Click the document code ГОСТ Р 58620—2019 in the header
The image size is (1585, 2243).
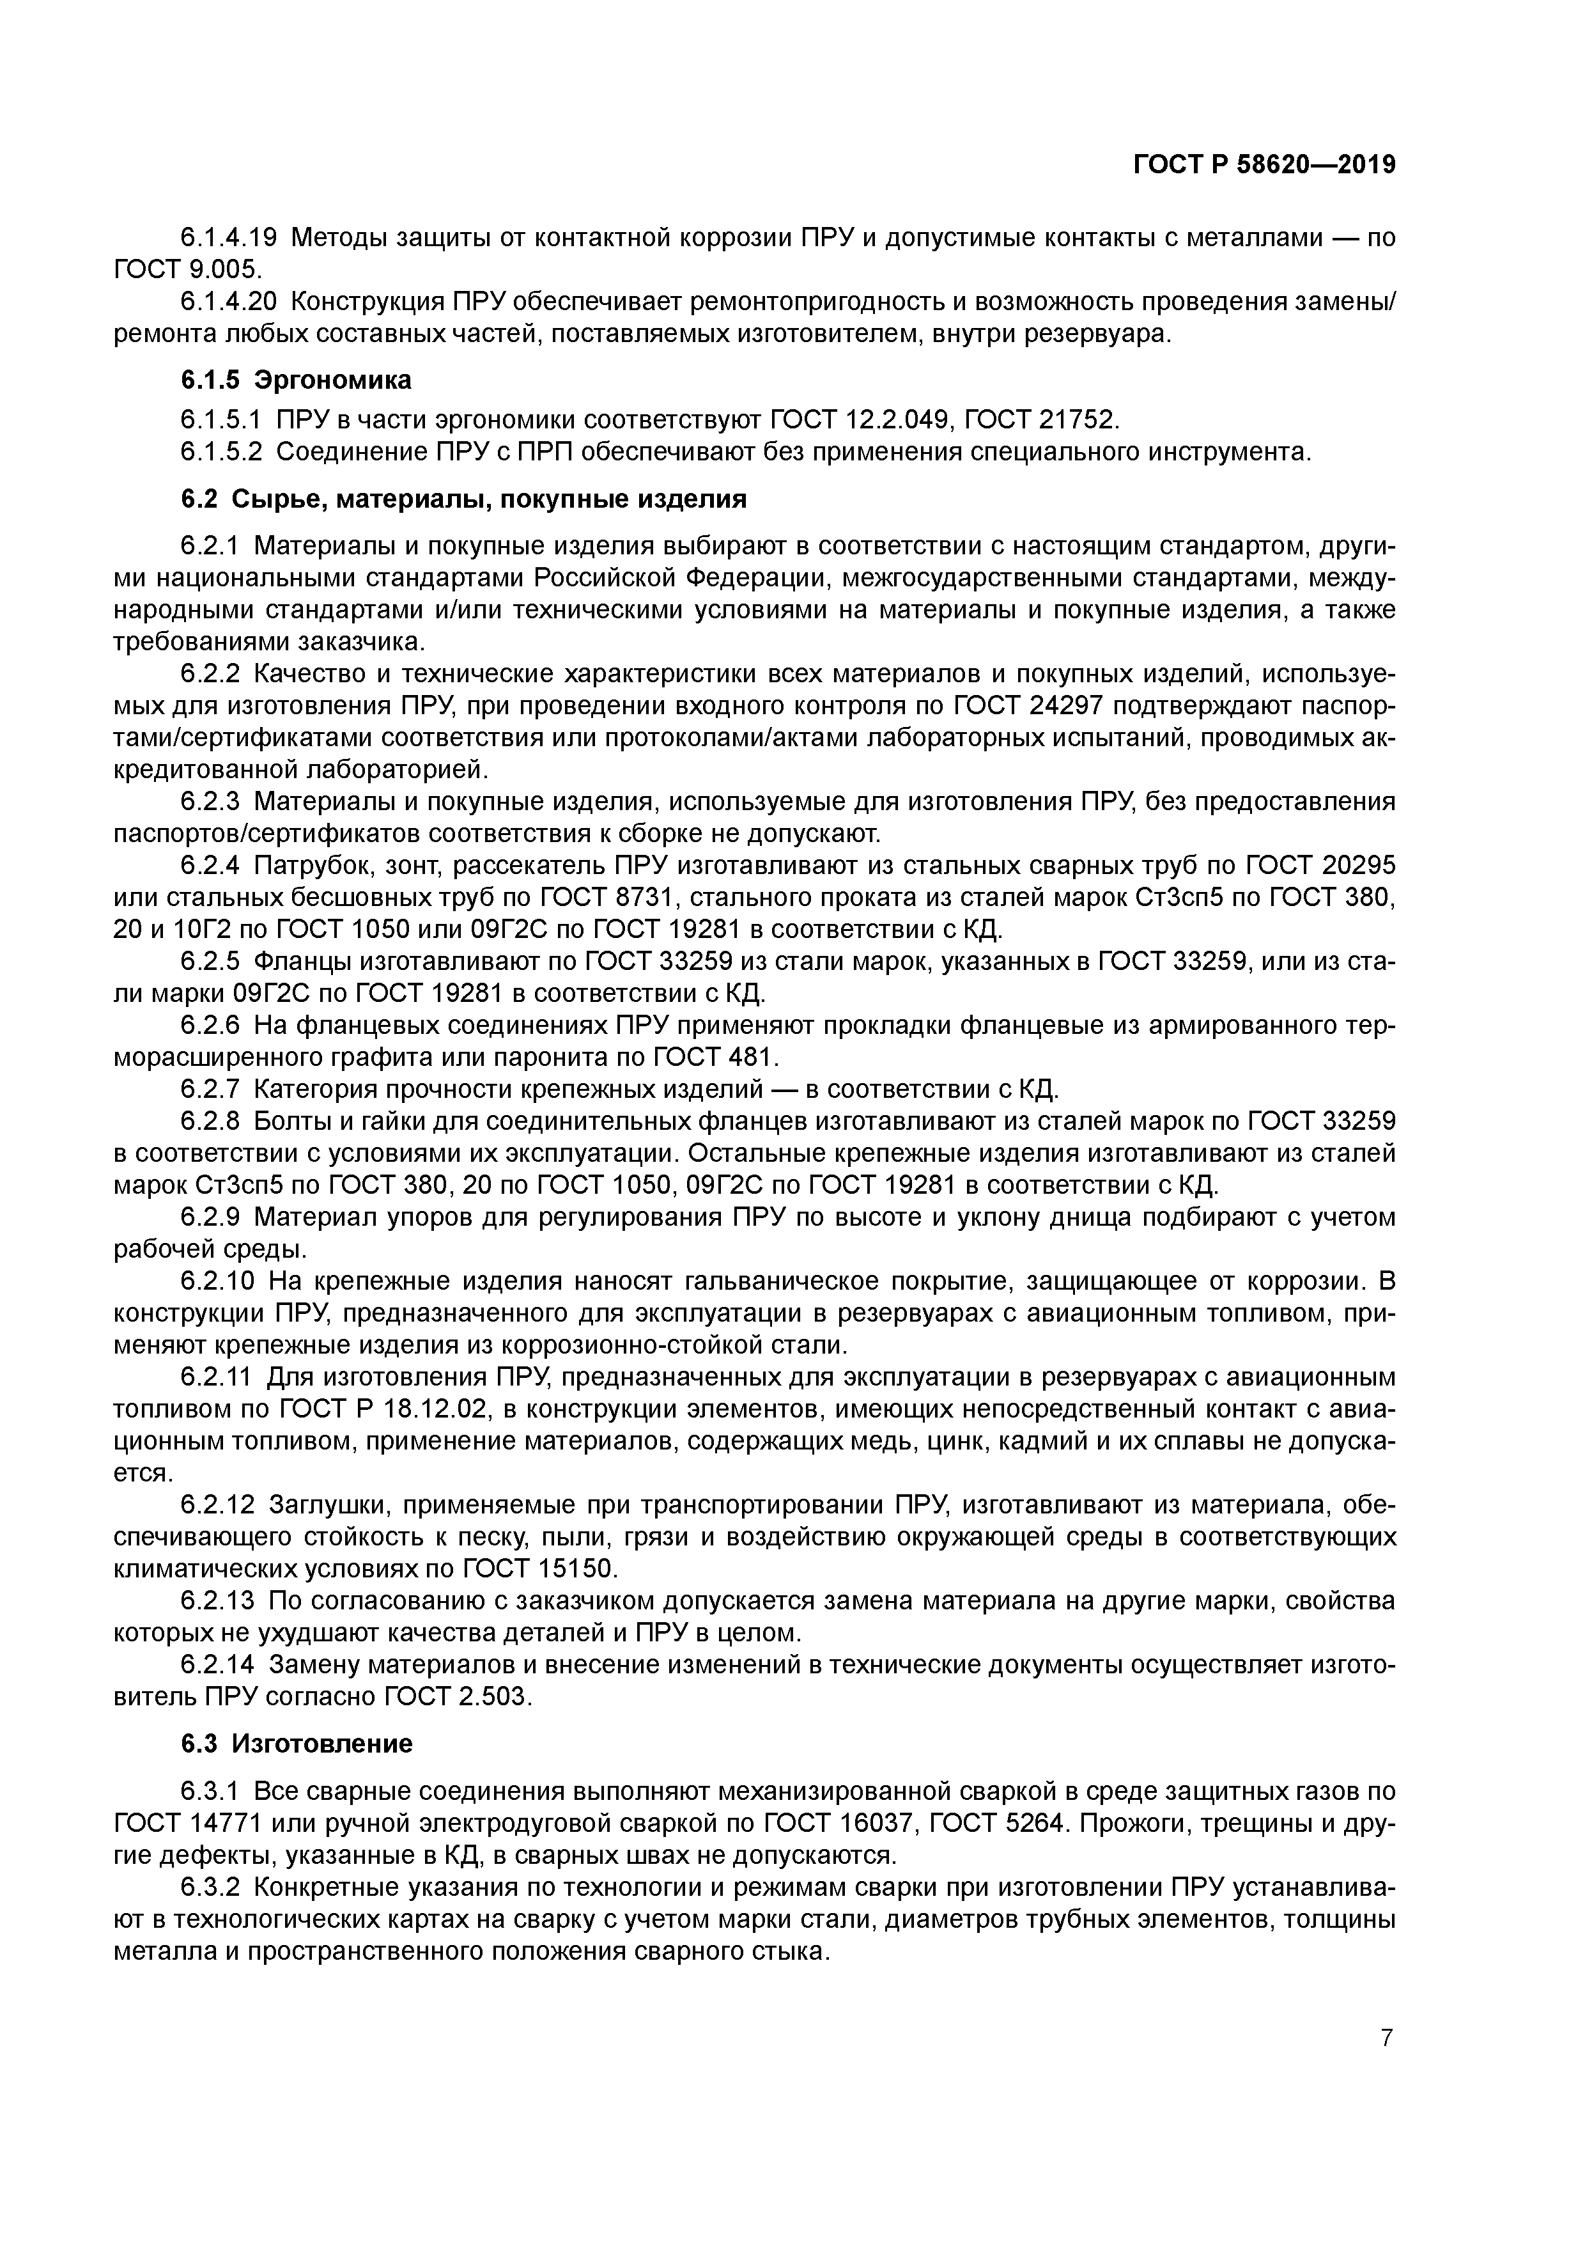coord(1264,165)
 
